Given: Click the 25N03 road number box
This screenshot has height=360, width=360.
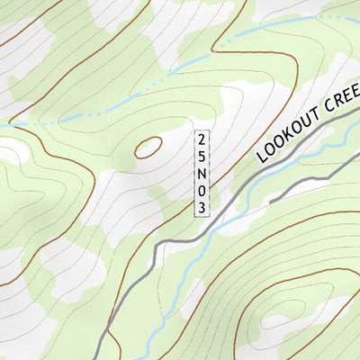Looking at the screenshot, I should [x=202, y=174].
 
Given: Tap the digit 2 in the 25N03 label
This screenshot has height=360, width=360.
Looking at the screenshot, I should [x=202, y=139].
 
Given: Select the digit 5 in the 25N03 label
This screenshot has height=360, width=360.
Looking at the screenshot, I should [x=202, y=156].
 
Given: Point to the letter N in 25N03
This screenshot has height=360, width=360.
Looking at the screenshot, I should [x=202, y=174].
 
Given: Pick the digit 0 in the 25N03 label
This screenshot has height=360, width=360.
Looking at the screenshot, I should [x=202, y=191].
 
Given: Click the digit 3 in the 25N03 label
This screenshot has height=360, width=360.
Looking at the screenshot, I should [x=202, y=207].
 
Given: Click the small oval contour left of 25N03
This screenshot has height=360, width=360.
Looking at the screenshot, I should [x=148, y=147].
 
